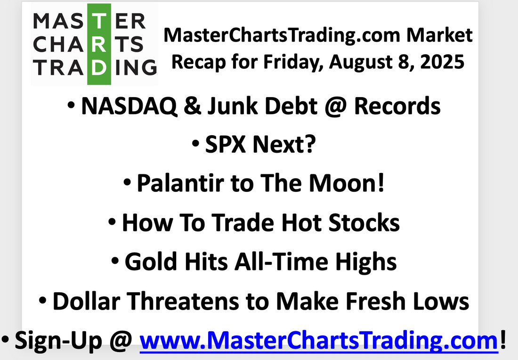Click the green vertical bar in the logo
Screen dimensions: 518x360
coord(99,44)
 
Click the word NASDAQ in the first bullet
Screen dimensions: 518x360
coord(129,106)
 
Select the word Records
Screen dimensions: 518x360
coord(397,106)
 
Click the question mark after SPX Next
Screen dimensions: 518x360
coord(310,144)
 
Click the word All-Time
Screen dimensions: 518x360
coord(282,262)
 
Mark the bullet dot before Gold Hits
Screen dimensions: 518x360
coord(115,261)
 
